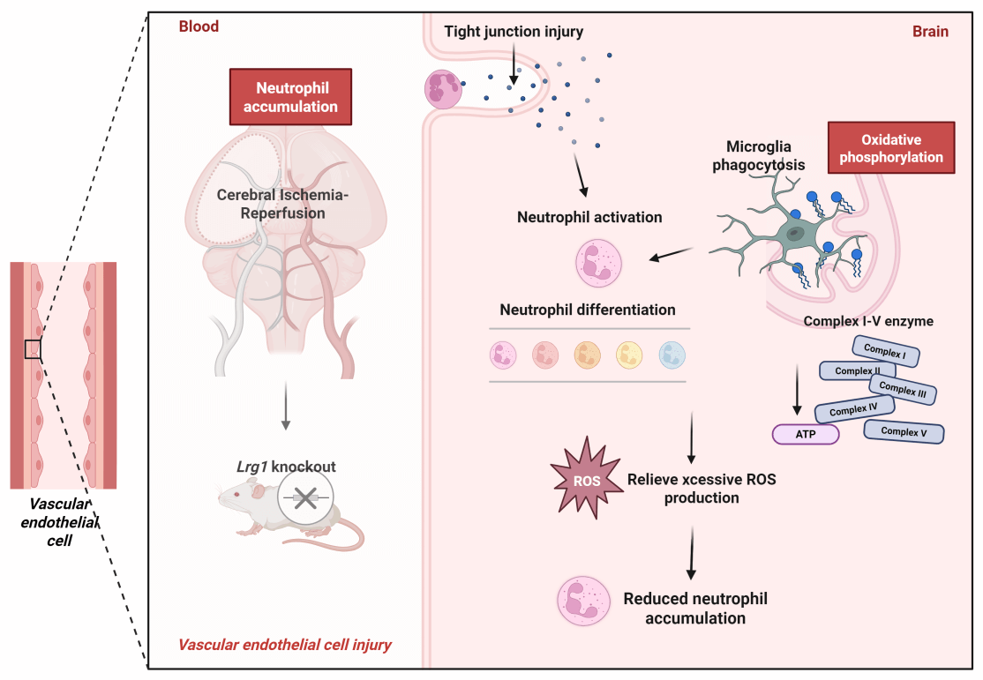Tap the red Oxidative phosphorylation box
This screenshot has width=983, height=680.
[x=890, y=148]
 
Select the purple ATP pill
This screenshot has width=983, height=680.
[x=805, y=434]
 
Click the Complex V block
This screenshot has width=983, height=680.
[x=904, y=432]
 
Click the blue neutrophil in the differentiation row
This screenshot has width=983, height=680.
[x=672, y=355]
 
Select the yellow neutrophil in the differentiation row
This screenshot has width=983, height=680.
[x=629, y=355]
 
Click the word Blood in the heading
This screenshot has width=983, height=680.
[x=199, y=26]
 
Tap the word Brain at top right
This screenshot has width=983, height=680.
[x=930, y=32]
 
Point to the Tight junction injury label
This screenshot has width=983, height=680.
[x=513, y=32]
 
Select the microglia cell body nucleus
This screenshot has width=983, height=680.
[x=796, y=233]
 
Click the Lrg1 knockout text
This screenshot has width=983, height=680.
[x=286, y=466]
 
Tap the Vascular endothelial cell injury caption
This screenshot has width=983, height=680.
[x=285, y=645]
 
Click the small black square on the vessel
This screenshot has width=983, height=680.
[x=33, y=348]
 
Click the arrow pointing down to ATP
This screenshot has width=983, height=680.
[x=798, y=392]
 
